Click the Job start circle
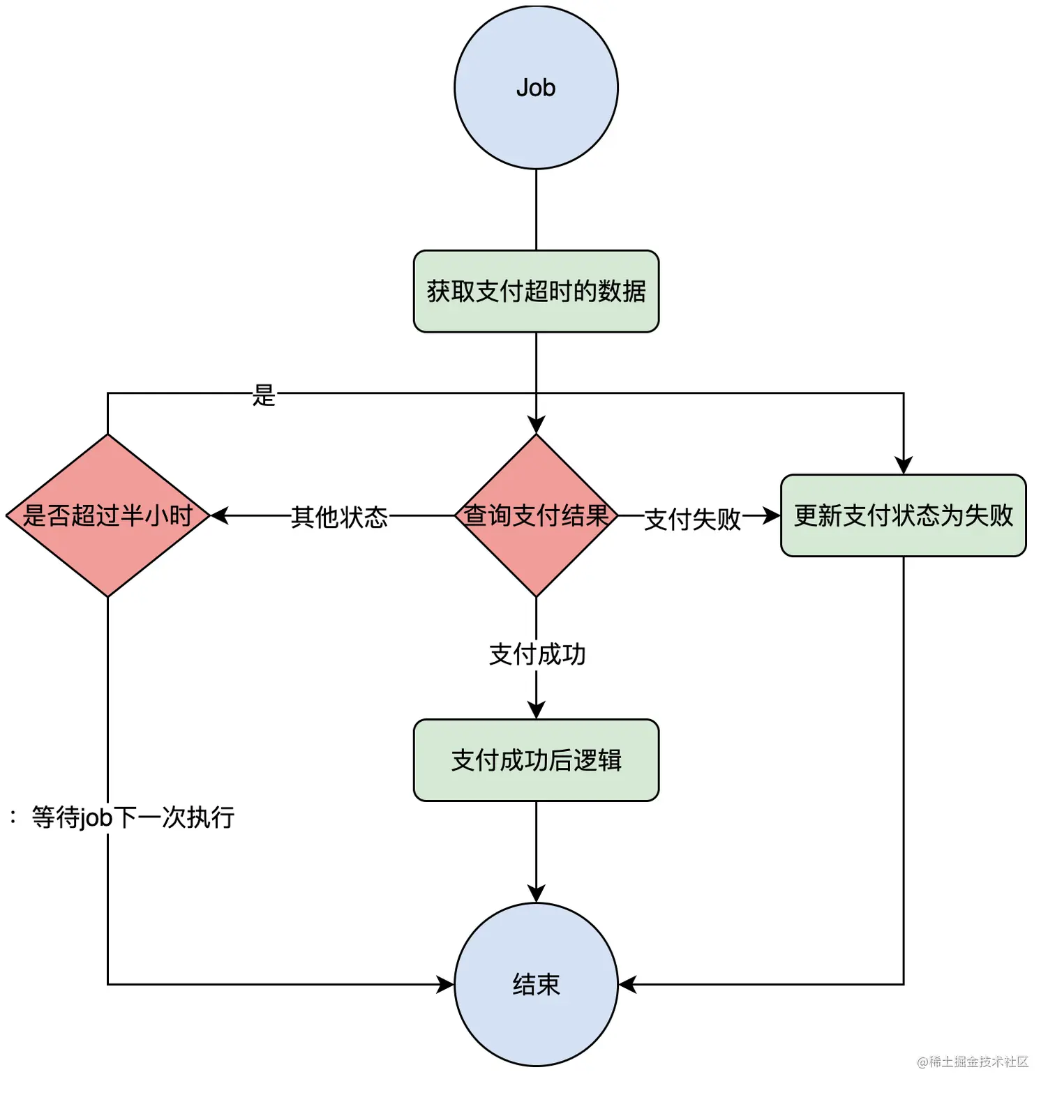[536, 87]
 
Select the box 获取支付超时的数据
[536, 291]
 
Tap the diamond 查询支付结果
[536, 515]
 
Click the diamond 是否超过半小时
[107, 515]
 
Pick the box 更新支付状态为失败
[903, 515]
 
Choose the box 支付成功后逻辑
[536, 760]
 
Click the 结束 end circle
[536, 984]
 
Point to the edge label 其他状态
[339, 517]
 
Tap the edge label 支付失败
[692, 519]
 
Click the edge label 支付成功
[537, 654]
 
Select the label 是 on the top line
[264, 395]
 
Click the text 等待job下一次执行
[133, 817]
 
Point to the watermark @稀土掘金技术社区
[973, 1062]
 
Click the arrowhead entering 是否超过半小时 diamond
[219, 515]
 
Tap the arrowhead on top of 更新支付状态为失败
[904, 466]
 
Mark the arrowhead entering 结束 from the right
[627, 984]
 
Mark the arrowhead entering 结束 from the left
[445, 984]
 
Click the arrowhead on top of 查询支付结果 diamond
[536, 425]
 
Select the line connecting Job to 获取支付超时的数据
[536, 209]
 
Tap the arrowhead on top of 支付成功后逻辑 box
[536, 710]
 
